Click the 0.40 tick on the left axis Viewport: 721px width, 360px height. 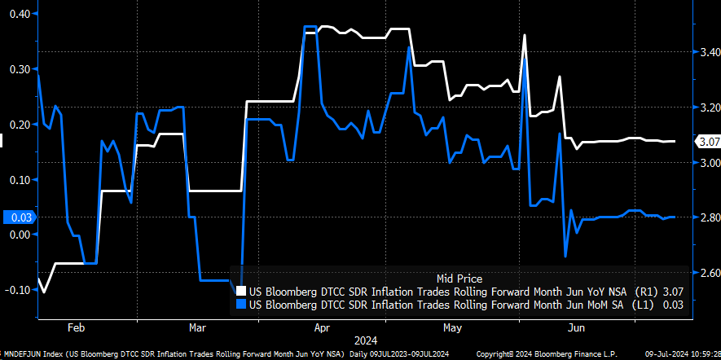pos(18,14)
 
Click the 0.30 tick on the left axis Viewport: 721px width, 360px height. pos(18,69)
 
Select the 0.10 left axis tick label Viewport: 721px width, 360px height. pos(18,179)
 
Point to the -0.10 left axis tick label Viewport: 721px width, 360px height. pos(16,289)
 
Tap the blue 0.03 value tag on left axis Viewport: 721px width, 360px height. pos(18,217)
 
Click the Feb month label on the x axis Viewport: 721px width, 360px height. pos(76,327)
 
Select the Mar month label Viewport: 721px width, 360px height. pos(196,327)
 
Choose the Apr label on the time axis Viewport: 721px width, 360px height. pos(322,327)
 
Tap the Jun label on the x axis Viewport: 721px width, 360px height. pos(576,327)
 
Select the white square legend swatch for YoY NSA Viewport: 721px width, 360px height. pos(240,291)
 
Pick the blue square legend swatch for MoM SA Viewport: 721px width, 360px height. pos(240,304)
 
